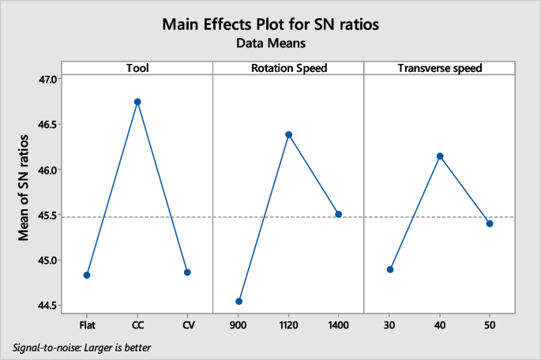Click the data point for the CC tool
(137, 102)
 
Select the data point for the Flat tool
(87, 275)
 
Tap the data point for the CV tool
(187, 272)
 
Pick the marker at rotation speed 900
(239, 302)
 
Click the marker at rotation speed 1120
(288, 134)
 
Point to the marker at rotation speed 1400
(339, 214)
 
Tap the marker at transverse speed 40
(440, 156)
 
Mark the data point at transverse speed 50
(490, 223)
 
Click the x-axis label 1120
(288, 324)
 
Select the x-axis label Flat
(87, 324)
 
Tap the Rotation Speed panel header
(288, 68)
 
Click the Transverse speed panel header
(439, 68)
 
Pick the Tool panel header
(137, 68)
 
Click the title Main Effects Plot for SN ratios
(271, 24)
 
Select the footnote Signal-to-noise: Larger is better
(82, 347)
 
